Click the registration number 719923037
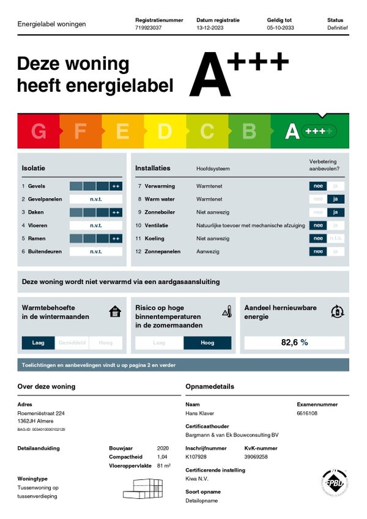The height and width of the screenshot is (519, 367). coord(149,28)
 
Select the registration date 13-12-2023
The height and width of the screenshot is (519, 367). coord(210,28)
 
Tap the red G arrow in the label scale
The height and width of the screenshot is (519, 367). coord(38,131)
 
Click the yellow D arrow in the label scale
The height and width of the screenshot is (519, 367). coord(165,131)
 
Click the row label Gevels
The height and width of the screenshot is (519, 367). coord(37,186)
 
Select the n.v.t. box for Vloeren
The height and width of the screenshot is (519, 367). coord(96,225)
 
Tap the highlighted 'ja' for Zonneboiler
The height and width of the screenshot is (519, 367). coord(336,212)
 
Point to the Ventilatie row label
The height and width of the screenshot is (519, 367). coord(157,225)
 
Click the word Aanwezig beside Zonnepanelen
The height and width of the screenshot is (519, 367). coord(208,252)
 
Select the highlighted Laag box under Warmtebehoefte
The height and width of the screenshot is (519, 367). coord(38,343)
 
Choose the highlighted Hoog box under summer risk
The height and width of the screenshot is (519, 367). coord(207,343)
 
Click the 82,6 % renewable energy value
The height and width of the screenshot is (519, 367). coord(294,342)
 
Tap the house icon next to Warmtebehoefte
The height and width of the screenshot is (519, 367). coord(115,312)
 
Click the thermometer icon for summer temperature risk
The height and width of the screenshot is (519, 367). coord(227,312)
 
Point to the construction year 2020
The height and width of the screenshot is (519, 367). coord(163,448)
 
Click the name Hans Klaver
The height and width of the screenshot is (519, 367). coord(199,413)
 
